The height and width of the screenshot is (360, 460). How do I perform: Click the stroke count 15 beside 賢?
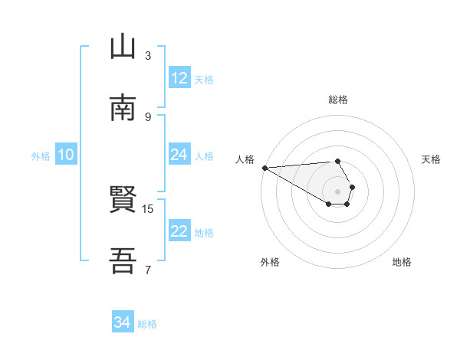[148, 208]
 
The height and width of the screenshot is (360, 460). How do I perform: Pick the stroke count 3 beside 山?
[148, 55]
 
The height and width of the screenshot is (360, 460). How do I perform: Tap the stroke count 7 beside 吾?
[148, 269]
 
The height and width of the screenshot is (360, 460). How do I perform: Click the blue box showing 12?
[179, 78]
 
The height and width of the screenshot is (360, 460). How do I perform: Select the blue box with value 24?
[179, 155]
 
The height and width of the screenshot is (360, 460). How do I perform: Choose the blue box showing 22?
[179, 232]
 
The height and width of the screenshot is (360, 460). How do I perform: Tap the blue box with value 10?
[66, 155]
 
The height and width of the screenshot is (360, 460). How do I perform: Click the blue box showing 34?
[122, 322]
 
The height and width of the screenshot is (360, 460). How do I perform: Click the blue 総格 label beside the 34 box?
[147, 324]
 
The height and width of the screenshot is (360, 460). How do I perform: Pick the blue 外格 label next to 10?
[41, 155]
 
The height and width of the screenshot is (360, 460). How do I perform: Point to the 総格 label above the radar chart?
[338, 100]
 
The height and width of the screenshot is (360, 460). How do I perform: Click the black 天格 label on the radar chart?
[431, 159]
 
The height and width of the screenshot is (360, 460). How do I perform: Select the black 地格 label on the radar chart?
[402, 262]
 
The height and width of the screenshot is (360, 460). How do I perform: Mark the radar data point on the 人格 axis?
[264, 168]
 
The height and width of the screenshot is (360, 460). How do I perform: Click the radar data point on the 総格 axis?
[338, 161]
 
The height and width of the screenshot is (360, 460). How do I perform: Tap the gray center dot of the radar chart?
[338, 191]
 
